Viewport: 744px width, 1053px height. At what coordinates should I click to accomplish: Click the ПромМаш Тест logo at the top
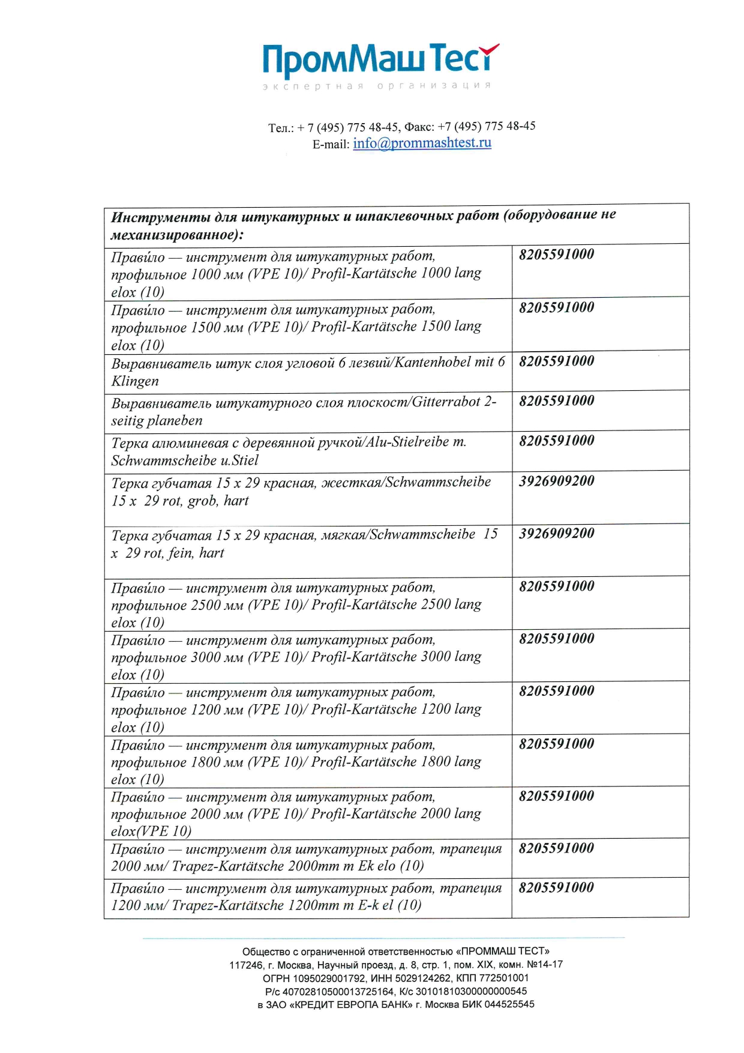pos(380,65)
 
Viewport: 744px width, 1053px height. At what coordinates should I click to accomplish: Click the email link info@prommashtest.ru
pos(422,143)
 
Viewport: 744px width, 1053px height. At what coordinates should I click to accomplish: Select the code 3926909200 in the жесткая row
pos(556,480)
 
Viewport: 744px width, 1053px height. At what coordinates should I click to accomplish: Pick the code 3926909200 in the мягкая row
pos(556,533)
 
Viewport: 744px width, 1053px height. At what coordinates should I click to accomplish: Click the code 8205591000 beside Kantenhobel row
pos(556,361)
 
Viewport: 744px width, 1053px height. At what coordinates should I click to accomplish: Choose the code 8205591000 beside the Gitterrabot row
pos(556,400)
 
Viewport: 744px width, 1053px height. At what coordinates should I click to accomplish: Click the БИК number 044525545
pos(509,1004)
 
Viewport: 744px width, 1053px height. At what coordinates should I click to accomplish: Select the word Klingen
pos(135,381)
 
